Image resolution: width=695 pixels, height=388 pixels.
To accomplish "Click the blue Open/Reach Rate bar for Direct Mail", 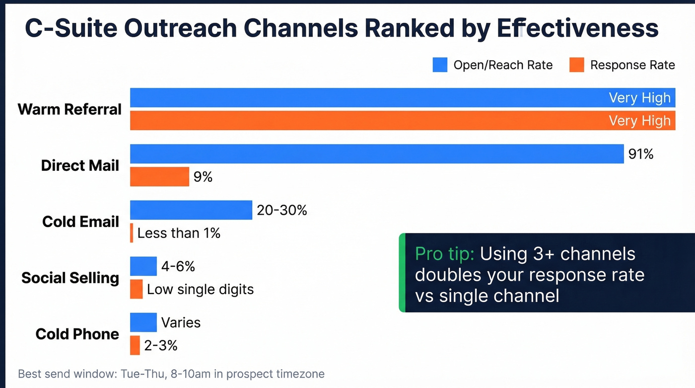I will (x=376, y=154).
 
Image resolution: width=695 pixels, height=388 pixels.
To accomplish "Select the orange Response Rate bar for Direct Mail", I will (x=159, y=176).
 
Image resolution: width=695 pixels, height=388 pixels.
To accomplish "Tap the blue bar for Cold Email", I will (x=191, y=210).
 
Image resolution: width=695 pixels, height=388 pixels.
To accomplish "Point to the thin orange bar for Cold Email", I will (x=132, y=233).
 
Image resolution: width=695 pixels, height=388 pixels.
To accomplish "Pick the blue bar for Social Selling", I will (x=143, y=267).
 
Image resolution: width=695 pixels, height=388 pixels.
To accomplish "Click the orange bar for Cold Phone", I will (x=135, y=345).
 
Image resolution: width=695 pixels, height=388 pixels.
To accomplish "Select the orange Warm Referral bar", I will (x=402, y=121).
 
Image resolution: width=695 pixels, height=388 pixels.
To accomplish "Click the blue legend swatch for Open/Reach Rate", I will (x=440, y=65).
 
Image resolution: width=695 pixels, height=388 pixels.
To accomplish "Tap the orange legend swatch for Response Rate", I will (x=576, y=65).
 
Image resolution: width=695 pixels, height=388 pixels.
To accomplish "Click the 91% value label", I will (x=640, y=154).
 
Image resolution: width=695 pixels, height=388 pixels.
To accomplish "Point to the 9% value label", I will (x=203, y=176).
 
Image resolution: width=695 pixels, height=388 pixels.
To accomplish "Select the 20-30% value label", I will (x=282, y=210).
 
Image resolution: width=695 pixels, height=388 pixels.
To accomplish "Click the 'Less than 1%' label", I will (x=179, y=233).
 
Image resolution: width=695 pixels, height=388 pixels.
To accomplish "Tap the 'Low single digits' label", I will (x=200, y=289).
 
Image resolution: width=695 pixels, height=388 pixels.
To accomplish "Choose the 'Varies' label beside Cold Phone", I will (x=181, y=323).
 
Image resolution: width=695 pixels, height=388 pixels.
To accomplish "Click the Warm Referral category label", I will (x=69, y=109).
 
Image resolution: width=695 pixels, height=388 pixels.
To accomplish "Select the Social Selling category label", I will (x=70, y=278).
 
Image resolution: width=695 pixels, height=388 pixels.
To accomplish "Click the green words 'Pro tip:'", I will (x=445, y=254).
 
